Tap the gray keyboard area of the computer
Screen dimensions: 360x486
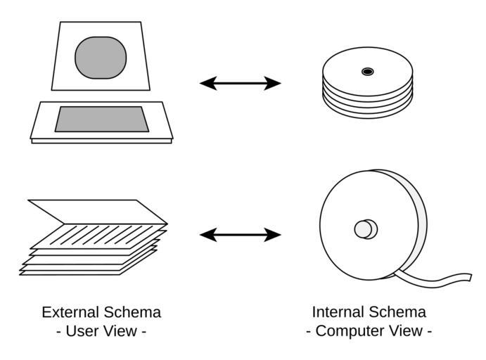(x=102, y=119)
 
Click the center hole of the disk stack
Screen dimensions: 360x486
(x=367, y=71)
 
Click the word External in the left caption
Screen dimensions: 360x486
(x=71, y=312)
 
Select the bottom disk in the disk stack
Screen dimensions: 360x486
(x=368, y=105)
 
